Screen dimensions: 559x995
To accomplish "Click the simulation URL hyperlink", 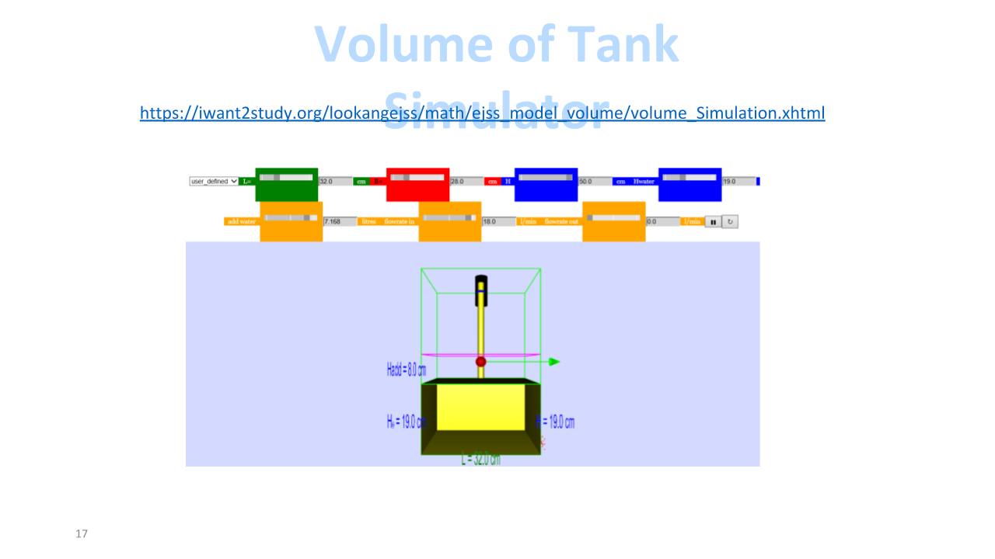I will (482, 113).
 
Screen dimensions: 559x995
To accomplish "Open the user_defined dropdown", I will (214, 182).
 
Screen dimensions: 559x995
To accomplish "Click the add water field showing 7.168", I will (340, 221).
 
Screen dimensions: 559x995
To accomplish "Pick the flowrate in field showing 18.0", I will (498, 221).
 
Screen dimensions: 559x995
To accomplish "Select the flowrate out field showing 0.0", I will (662, 221).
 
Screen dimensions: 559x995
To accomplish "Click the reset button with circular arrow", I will (730, 222).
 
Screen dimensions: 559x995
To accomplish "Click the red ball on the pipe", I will (480, 362).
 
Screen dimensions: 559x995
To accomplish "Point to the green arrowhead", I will (554, 362).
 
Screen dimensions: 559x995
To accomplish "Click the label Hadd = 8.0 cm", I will (406, 370).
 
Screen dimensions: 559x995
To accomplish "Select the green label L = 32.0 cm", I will (480, 460).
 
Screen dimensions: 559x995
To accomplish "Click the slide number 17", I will (82, 534).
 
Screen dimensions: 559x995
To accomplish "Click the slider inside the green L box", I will (286, 178).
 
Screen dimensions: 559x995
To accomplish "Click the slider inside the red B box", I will (417, 177).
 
